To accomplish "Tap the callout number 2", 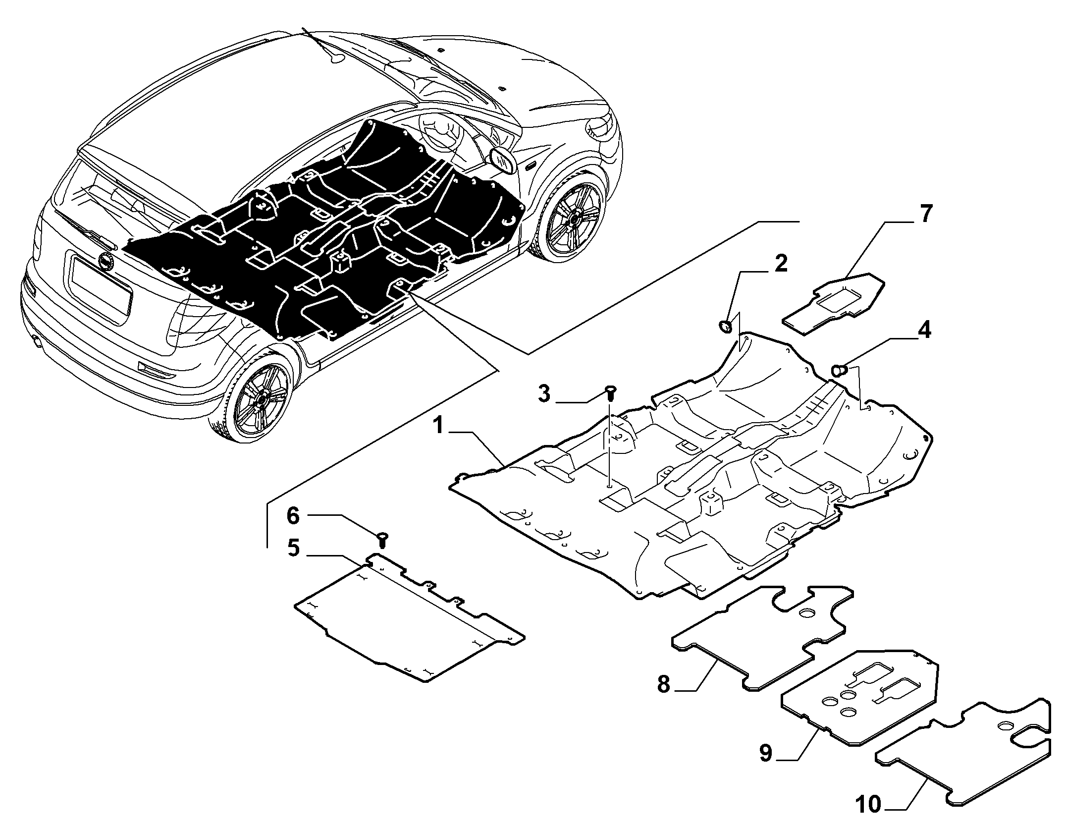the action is [x=780, y=264].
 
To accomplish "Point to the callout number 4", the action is [x=924, y=330].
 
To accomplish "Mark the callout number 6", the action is [x=293, y=516].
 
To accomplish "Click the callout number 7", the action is [x=925, y=214].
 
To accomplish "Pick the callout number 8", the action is [x=663, y=684].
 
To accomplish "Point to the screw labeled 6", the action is [x=382, y=539].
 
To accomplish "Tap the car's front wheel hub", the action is [x=575, y=217].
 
